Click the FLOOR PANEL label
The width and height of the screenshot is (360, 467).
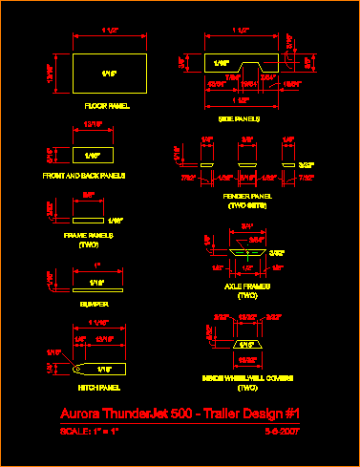click(x=106, y=105)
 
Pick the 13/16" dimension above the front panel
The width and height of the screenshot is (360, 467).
click(x=93, y=124)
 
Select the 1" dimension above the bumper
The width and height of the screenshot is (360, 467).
click(x=97, y=264)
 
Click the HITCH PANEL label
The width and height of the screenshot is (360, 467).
click(x=96, y=387)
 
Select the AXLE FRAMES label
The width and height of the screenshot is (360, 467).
click(x=247, y=286)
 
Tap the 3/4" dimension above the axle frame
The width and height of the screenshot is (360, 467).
click(x=246, y=226)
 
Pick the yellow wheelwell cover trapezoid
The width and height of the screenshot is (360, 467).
click(x=246, y=345)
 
